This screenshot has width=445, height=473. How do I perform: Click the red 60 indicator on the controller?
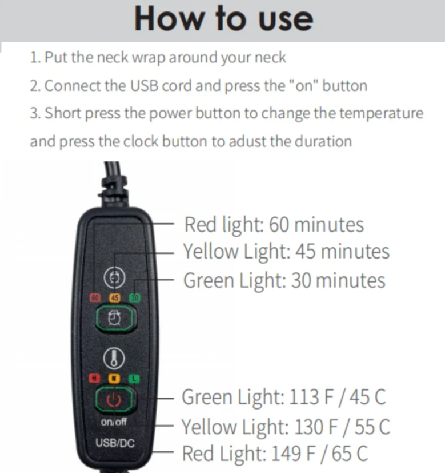pyautogui.click(x=95, y=298)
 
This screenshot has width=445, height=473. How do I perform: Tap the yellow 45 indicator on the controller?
pyautogui.click(x=114, y=298)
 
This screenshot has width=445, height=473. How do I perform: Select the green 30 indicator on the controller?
pyautogui.click(x=135, y=298)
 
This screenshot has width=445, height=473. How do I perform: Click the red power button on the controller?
pyautogui.click(x=114, y=399)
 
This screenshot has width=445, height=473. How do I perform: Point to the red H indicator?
pyautogui.click(x=94, y=378)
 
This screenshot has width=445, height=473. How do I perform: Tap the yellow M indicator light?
pyautogui.click(x=114, y=378)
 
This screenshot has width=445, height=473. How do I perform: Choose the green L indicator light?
pyautogui.click(x=134, y=379)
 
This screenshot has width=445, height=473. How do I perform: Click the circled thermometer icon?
pyautogui.click(x=114, y=359)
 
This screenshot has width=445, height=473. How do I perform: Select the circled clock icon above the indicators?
pyautogui.click(x=114, y=277)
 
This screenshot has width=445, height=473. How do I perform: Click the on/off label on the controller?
pyautogui.click(x=114, y=422)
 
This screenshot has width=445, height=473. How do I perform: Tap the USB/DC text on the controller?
pyautogui.click(x=115, y=443)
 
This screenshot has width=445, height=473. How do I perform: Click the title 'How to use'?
pyautogui.click(x=223, y=19)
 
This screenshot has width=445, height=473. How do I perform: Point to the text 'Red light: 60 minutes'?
pyautogui.click(x=274, y=225)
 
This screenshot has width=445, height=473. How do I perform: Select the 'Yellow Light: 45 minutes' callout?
pyautogui.click(x=286, y=251)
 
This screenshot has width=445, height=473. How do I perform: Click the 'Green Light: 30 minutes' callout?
pyautogui.click(x=284, y=281)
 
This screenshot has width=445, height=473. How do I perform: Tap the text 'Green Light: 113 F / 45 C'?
pyautogui.click(x=283, y=397)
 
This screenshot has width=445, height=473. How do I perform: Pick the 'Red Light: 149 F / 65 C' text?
pyautogui.click(x=275, y=454)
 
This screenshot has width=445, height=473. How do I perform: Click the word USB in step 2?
pyautogui.click(x=145, y=86)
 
